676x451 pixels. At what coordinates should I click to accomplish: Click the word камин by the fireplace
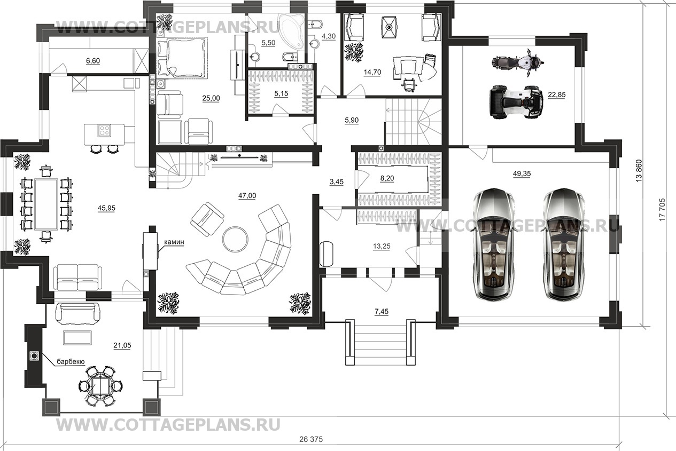(x=174, y=242)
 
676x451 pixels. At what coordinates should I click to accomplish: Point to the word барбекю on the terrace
(x=71, y=361)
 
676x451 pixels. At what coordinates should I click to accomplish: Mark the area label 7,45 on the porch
(x=381, y=311)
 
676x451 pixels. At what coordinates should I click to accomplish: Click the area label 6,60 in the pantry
(x=93, y=61)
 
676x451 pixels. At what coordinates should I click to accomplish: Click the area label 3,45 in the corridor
(x=336, y=182)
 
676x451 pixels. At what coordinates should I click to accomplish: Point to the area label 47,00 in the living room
(x=247, y=196)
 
